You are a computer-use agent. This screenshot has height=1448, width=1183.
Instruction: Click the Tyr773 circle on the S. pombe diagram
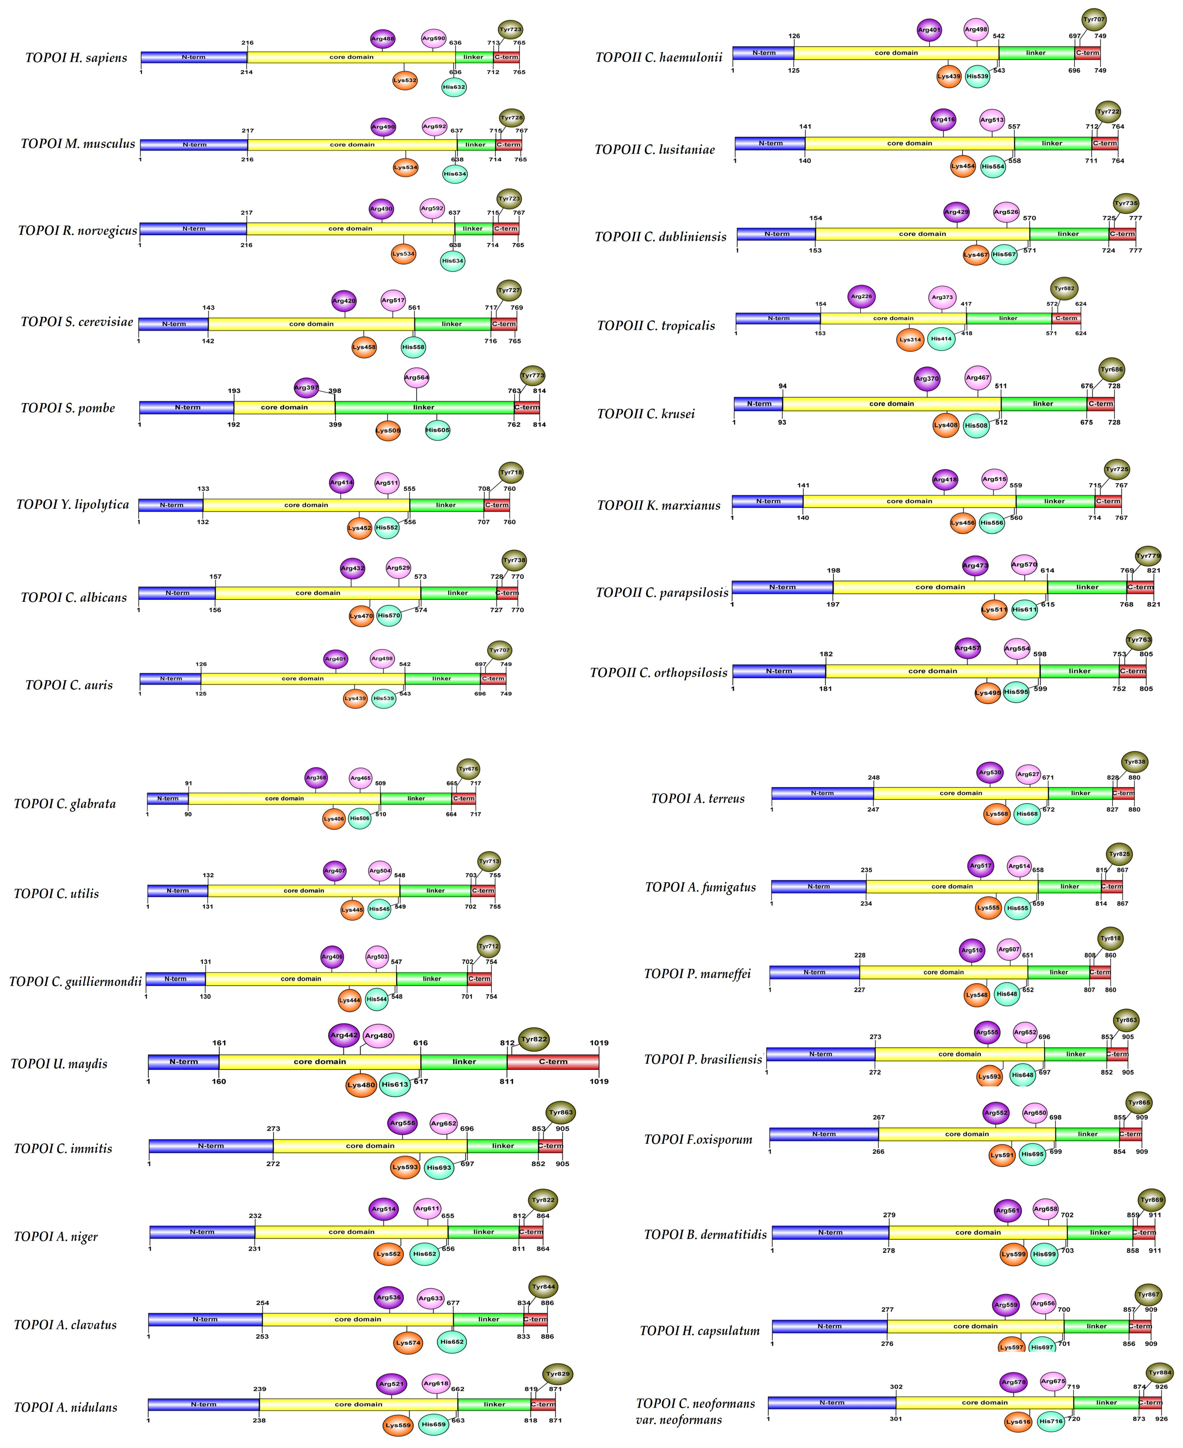[532, 376]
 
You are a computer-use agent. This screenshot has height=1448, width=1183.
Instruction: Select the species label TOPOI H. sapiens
[76, 58]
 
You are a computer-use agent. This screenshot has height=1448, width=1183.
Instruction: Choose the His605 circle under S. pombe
[437, 430]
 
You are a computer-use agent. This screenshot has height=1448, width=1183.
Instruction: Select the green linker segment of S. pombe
[424, 408]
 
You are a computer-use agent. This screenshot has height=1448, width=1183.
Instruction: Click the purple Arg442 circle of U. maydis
[343, 1035]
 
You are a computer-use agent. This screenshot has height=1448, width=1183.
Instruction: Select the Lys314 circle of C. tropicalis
[910, 339]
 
